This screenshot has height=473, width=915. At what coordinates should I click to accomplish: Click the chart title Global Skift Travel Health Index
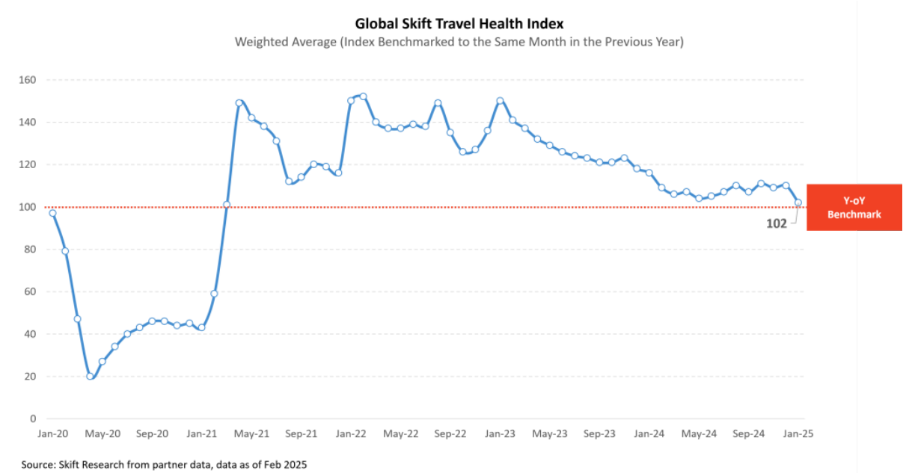click(459, 23)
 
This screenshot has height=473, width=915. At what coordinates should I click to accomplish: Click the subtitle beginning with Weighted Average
click(459, 42)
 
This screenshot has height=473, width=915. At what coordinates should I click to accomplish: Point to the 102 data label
click(776, 223)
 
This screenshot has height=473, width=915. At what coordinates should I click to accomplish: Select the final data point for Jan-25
click(798, 203)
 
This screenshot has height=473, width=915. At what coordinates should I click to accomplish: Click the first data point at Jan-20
click(52, 213)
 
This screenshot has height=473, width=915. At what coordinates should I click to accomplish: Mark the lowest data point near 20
click(90, 376)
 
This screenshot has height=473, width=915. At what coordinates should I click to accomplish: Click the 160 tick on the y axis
click(30, 80)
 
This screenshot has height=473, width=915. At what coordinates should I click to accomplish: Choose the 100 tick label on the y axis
click(30, 207)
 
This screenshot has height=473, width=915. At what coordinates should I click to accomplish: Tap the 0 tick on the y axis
click(34, 418)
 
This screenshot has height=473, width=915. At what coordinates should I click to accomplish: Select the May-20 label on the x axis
click(102, 433)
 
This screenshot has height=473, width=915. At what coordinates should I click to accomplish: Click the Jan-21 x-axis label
click(202, 433)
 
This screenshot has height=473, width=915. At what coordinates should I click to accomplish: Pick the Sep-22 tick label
click(450, 433)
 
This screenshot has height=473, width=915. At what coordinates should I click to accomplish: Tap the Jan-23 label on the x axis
click(500, 433)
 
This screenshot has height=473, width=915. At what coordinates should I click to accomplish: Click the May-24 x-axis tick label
click(699, 433)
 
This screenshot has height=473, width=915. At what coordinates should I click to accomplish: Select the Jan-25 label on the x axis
click(798, 433)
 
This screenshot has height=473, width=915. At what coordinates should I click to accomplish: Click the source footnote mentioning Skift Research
click(164, 465)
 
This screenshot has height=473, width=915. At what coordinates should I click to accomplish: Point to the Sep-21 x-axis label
click(302, 433)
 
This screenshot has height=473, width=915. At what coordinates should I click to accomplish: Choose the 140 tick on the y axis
click(30, 123)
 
